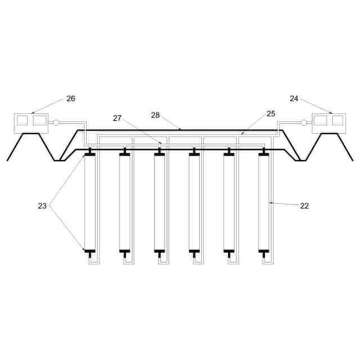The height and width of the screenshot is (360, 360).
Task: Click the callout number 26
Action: pos(71,98)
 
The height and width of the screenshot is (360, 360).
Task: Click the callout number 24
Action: pos(294,98)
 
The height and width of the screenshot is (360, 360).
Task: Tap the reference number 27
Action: pos(117,118)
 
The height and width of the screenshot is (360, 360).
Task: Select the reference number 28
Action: pos(155,115)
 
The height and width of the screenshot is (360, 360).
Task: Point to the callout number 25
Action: pos(271,114)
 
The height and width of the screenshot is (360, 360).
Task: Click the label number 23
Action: pos(42,206)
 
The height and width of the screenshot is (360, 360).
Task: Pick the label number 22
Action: pos(304,206)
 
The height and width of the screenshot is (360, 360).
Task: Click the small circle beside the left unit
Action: pos(56,123)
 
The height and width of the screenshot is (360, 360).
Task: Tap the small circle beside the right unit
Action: pos(304,123)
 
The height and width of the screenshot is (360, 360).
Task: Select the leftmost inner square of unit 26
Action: pos(22,120)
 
